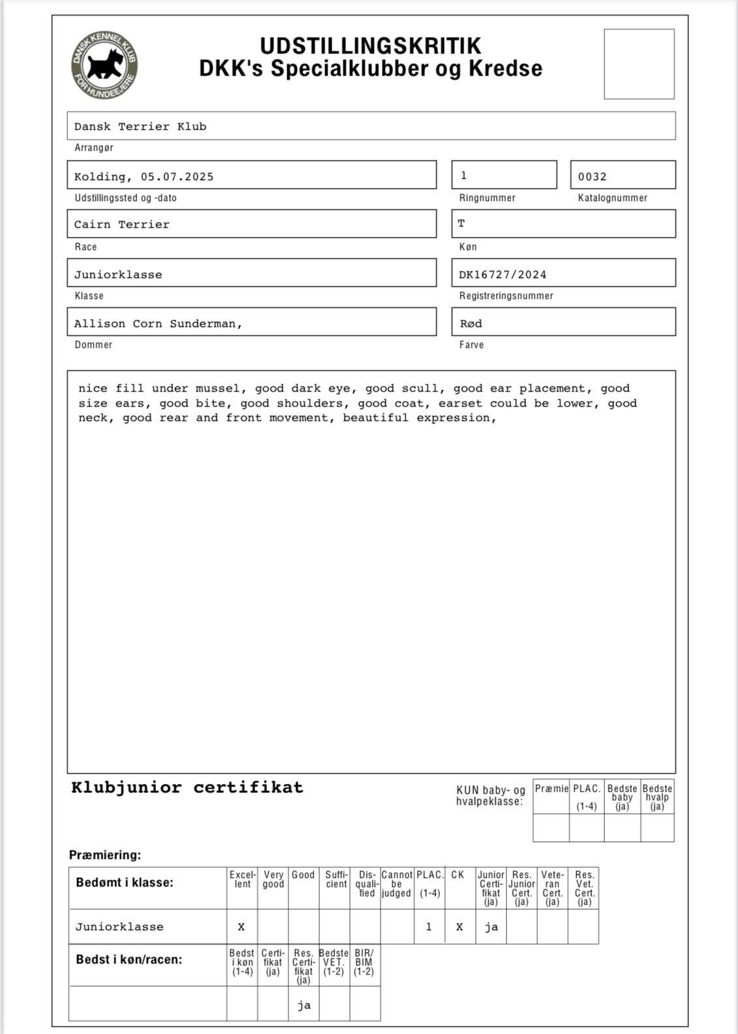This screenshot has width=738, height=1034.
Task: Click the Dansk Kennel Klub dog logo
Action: pos(104,66)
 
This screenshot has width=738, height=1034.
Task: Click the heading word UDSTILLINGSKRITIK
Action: pos(371,46)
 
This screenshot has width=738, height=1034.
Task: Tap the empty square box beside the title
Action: pos(639,64)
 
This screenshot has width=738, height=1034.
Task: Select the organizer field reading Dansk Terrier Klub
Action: pos(140,127)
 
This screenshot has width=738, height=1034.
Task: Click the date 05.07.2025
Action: pos(177,177)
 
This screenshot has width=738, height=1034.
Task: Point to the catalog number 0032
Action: pos(592,177)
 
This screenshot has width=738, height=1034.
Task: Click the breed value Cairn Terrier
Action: pos(121,225)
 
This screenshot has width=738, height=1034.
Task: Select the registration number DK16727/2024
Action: pos(502,275)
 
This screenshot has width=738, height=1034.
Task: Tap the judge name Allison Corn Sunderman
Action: pos(157,324)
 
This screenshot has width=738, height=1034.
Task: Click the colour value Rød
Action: pos(470,324)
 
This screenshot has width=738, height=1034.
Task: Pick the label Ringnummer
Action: pos(487,198)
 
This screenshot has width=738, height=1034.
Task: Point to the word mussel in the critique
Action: pos(217,388)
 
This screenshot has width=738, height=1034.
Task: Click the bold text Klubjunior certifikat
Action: pos(187,787)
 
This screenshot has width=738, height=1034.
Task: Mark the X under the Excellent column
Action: pos(241,927)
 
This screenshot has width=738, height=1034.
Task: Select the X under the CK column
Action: pos(459,927)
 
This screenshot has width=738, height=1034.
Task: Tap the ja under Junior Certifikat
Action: pos(491,927)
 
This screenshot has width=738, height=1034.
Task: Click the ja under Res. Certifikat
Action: pos(303,1005)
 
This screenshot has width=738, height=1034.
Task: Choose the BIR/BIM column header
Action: pos(364,962)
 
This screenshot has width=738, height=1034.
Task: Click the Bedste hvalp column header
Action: pos(657,797)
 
